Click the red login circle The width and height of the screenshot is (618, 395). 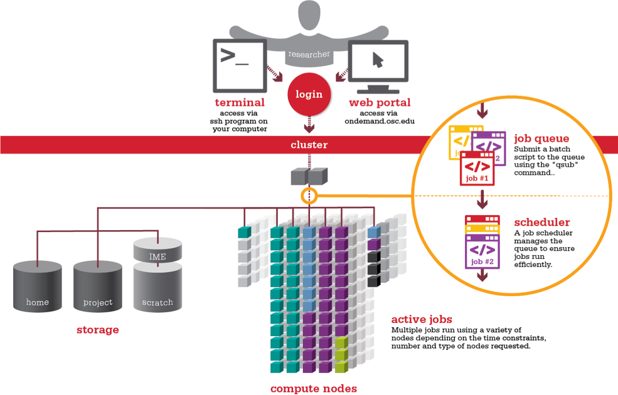pos(309,95)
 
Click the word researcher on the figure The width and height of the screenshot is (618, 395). pos(309,55)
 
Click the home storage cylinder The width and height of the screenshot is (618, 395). pos(38,287)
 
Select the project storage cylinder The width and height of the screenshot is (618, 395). pos(98,287)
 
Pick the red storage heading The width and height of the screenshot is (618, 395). pos(98,330)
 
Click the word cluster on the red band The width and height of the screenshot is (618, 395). pos(309,145)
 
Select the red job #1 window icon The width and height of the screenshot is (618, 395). pos(477,169)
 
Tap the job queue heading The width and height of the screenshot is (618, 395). pos(541,138)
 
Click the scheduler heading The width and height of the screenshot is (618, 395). pos(542,223)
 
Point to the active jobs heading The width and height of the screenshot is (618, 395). pos(422,319)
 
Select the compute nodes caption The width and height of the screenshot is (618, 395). pos(314,389)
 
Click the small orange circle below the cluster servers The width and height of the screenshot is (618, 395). pos(309,196)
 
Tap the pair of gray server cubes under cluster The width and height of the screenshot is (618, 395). pos(309,176)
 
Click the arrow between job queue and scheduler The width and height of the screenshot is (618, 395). pos(482,200)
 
